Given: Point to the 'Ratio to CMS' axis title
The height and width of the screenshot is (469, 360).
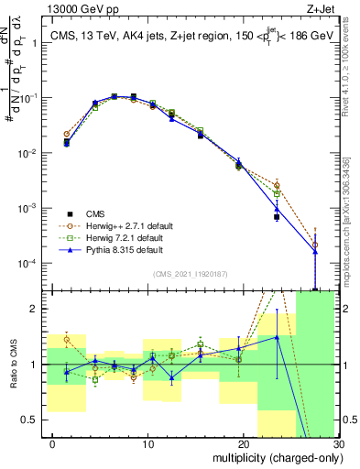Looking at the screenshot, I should click(x=13, y=365).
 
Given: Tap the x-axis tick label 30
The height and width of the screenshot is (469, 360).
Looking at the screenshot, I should click(x=337, y=444).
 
